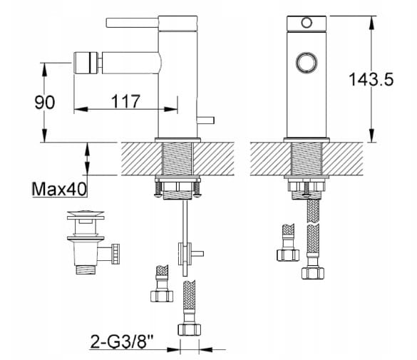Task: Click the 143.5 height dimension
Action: tap(371, 79)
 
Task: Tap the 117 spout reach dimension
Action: tap(125, 101)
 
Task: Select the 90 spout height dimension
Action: tap(45, 103)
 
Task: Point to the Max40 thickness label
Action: tap(59, 190)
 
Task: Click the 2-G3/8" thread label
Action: tap(122, 341)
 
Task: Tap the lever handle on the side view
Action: tap(132, 23)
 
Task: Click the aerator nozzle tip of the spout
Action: tap(86, 63)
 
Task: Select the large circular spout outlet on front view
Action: tap(307, 63)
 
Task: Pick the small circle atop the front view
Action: tap(307, 23)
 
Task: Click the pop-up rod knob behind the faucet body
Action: tap(205, 120)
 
